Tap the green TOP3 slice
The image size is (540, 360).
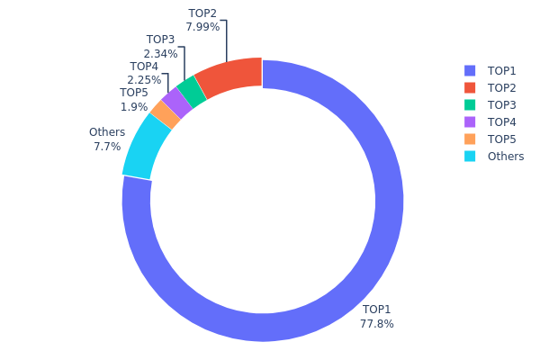[x=192, y=91]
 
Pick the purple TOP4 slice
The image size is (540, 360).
[x=176, y=103]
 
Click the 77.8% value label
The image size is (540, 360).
[x=377, y=324]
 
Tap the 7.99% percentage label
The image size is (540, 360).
[x=202, y=27]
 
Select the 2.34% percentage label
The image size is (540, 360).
[x=161, y=54]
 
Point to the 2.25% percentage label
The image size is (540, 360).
[x=144, y=79]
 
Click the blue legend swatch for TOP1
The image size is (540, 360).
[x=469, y=70]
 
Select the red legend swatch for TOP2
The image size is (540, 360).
[x=469, y=87]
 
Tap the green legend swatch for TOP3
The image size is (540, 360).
[x=469, y=104]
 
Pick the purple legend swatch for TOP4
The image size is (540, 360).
[x=469, y=121]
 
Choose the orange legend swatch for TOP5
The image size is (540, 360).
[x=469, y=139]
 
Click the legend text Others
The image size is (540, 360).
[x=505, y=156]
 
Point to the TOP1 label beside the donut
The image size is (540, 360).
[x=377, y=310]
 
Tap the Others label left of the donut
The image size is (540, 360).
[x=107, y=132]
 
